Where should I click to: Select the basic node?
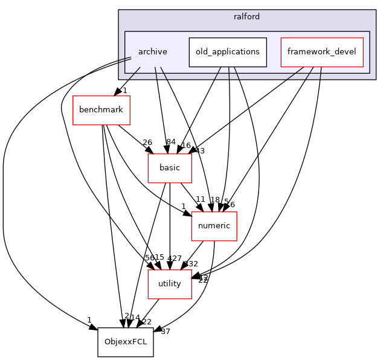170,168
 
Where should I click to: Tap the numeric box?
214,227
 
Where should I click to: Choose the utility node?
170,284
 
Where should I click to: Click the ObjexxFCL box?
126,342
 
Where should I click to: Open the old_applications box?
228,52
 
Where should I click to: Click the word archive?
152,52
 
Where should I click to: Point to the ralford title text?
246,17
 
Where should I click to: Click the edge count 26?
147,143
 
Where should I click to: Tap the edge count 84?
171,142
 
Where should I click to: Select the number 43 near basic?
199,150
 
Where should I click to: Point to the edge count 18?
214,200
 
